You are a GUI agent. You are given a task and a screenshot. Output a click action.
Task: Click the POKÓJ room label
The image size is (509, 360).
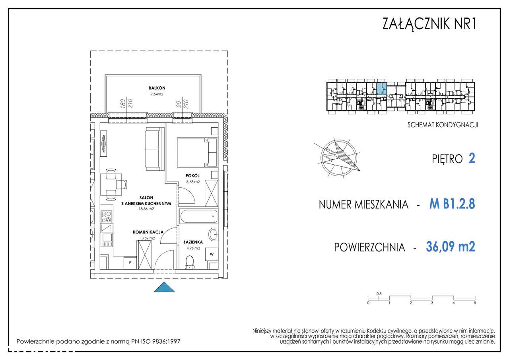coord(192,175)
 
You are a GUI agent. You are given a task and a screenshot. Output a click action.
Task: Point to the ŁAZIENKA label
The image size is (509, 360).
coord(193,241)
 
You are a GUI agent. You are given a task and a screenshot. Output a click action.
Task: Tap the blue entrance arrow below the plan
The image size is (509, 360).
coord(164,288)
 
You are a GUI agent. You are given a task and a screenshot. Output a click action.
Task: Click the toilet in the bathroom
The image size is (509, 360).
coord(190,262)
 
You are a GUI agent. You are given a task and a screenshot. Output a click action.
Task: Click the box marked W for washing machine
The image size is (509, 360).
coord(212,254)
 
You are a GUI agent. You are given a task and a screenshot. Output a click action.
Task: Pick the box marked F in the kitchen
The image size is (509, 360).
coord(130,262)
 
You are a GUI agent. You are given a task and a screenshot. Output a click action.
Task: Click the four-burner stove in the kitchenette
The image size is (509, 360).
coord(106,216)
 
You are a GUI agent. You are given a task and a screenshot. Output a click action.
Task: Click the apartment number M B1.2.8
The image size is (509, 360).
coord(452,204)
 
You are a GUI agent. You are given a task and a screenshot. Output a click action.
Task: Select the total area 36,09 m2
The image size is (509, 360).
coord(450,247)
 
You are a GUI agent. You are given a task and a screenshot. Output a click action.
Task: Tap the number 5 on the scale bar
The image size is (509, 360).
coord(475,303)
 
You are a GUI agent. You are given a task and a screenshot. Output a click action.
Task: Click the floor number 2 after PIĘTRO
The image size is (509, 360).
coord(472,159)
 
